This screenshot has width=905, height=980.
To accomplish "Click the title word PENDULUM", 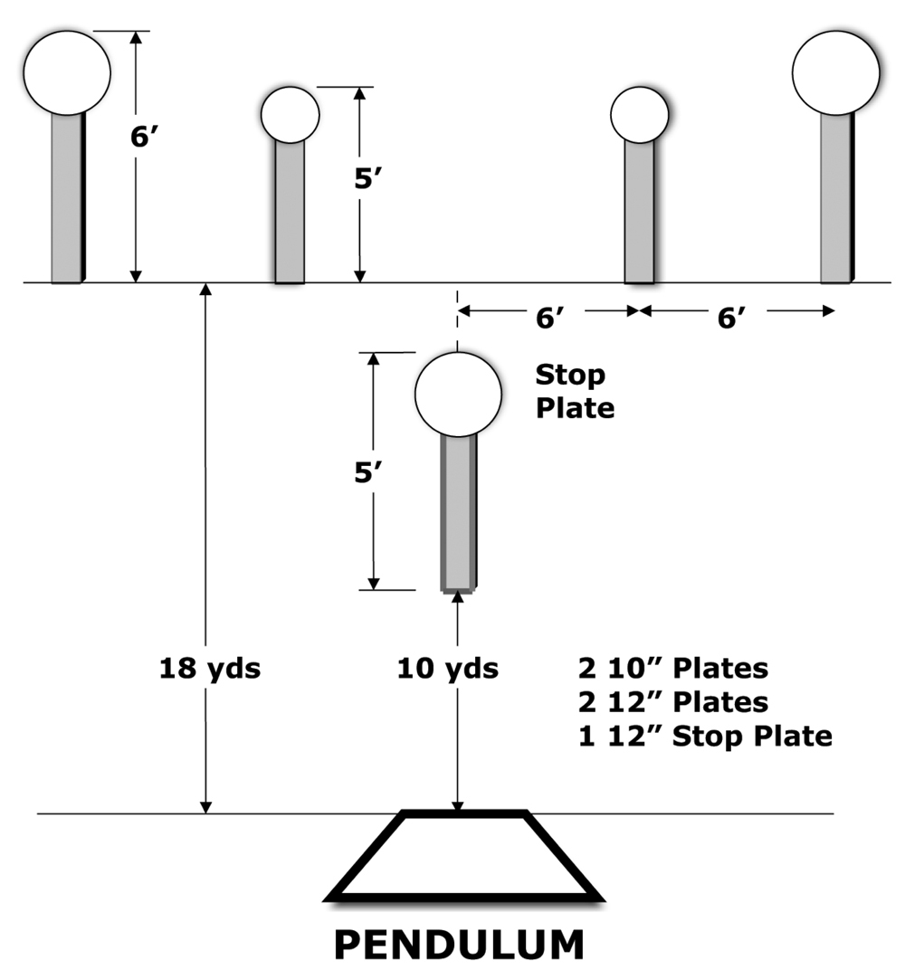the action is click(460, 945).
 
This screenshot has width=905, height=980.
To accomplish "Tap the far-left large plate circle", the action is click(68, 72).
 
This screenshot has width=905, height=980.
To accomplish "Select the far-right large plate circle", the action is click(836, 72).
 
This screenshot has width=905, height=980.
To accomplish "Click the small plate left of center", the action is click(290, 115).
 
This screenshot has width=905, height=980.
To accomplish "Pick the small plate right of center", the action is click(639, 115).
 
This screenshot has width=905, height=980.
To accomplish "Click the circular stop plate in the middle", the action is click(458, 394).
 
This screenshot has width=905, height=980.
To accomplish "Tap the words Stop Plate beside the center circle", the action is click(575, 391).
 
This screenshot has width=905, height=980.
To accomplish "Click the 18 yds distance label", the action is click(210, 668).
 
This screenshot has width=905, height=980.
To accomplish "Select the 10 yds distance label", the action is click(448, 668).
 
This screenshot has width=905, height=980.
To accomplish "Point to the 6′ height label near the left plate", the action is click(140, 137).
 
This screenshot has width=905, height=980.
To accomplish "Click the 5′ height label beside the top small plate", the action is click(367, 179).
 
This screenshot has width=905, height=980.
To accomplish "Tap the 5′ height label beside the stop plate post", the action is click(367, 472).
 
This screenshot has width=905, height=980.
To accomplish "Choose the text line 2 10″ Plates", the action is click(673, 668).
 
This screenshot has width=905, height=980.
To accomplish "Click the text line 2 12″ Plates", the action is click(673, 702).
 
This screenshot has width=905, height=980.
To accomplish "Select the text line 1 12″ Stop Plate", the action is click(705, 736).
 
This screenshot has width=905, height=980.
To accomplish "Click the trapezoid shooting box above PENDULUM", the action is click(463, 813).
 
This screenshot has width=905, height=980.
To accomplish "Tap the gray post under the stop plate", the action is click(459, 512).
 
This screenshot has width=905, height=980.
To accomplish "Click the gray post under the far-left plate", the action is click(68, 199).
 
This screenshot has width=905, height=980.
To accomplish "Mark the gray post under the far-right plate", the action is click(836, 199).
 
